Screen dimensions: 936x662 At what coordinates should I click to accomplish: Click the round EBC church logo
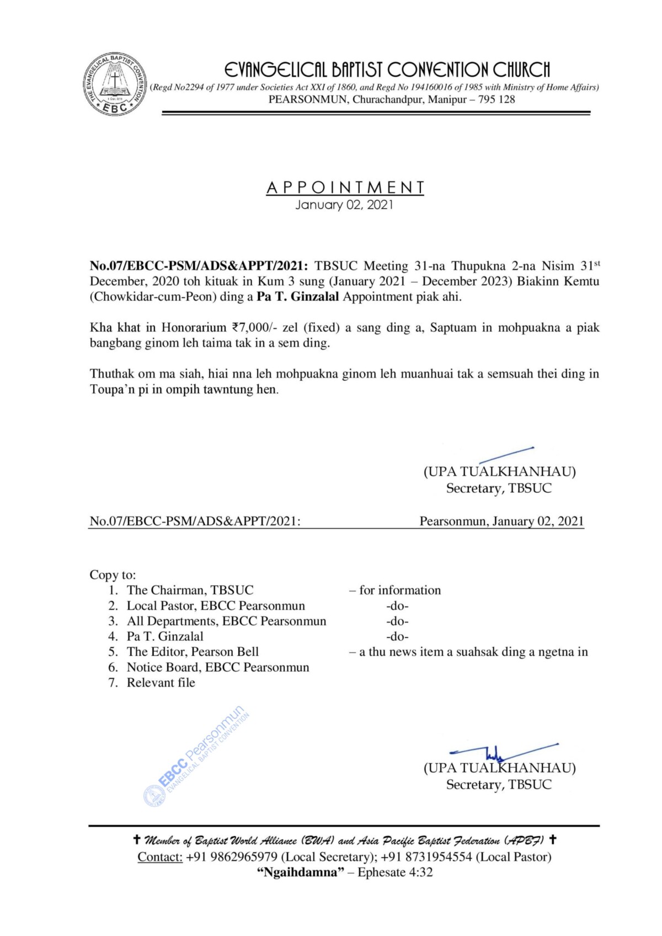115,84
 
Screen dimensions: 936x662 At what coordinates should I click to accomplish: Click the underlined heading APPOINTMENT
345,188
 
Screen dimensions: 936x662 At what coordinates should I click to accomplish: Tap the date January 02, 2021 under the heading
345,205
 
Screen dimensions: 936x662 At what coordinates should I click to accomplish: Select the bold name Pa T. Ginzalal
298,296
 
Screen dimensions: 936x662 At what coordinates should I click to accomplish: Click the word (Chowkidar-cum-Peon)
153,296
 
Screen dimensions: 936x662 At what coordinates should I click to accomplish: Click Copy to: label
113,575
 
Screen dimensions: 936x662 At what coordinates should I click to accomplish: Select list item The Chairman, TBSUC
190,590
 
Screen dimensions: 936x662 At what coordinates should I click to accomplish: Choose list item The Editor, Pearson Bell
193,652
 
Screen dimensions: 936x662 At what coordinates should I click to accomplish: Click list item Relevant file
161,683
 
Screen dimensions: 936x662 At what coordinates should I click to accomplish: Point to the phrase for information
400,590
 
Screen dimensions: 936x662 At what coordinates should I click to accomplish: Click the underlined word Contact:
160,857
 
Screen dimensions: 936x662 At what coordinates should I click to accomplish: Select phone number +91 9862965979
232,857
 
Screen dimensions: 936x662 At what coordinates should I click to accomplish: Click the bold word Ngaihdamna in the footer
301,872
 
